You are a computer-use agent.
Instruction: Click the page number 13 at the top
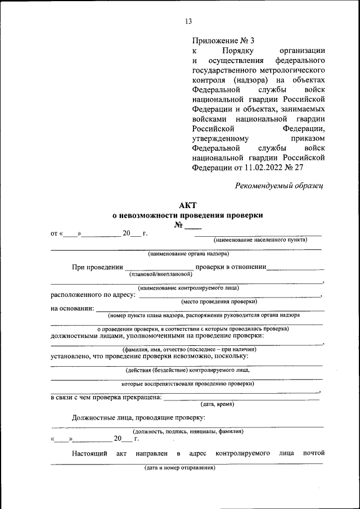(x=188, y=21)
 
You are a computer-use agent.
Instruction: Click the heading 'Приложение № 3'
(x=223, y=40)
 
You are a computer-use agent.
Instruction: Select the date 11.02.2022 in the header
(x=267, y=168)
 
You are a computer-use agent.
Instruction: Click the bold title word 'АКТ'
(x=188, y=206)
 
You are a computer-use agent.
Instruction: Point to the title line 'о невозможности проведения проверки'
(x=187, y=215)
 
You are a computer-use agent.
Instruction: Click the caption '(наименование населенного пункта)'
(x=260, y=240)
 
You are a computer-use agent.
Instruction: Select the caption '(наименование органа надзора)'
(x=188, y=254)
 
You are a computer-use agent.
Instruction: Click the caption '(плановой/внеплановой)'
(x=160, y=274)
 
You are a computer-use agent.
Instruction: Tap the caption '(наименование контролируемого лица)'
(x=188, y=288)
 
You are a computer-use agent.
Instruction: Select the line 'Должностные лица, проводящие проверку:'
(x=138, y=417)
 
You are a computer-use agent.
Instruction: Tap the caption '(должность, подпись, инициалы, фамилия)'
(x=188, y=431)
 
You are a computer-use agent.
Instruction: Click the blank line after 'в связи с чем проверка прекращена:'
(x=241, y=398)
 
